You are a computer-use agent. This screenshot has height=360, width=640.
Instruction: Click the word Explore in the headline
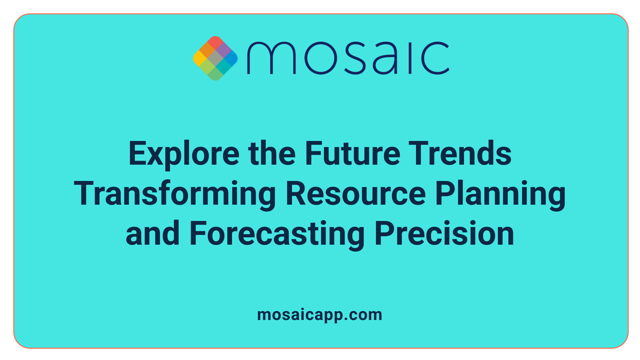click(184, 154)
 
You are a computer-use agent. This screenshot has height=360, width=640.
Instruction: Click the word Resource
click(356, 194)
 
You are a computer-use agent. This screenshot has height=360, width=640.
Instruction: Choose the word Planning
click(500, 194)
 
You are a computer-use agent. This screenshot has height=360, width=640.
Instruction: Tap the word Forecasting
click(277, 234)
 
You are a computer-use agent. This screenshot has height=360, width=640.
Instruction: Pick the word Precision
click(444, 234)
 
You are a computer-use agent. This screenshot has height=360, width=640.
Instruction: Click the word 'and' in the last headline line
click(153, 234)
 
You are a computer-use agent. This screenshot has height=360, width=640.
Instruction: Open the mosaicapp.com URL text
click(320, 315)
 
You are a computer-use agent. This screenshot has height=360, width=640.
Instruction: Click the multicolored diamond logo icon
click(215, 58)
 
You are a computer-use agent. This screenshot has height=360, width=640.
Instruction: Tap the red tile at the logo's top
click(215, 42)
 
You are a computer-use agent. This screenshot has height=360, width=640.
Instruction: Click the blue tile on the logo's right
click(231, 58)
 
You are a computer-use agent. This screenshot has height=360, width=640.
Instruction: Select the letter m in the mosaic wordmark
click(271, 58)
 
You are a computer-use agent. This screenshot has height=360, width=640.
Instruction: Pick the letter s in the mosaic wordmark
click(355, 58)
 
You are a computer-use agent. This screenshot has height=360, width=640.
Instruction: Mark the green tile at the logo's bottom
click(215, 74)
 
